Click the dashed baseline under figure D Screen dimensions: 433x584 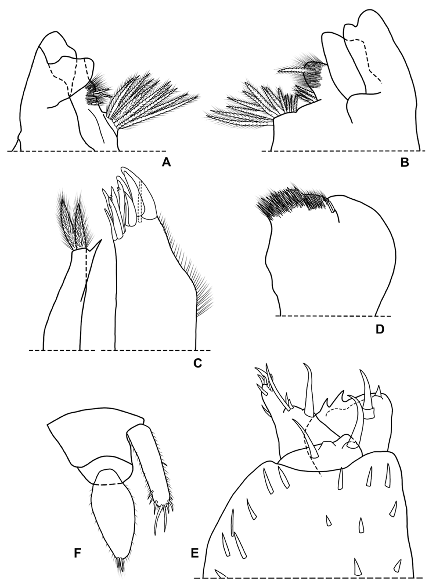pyautogui.click(x=333, y=316)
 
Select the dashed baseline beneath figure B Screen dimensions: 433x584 pyautogui.click(x=343, y=151)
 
